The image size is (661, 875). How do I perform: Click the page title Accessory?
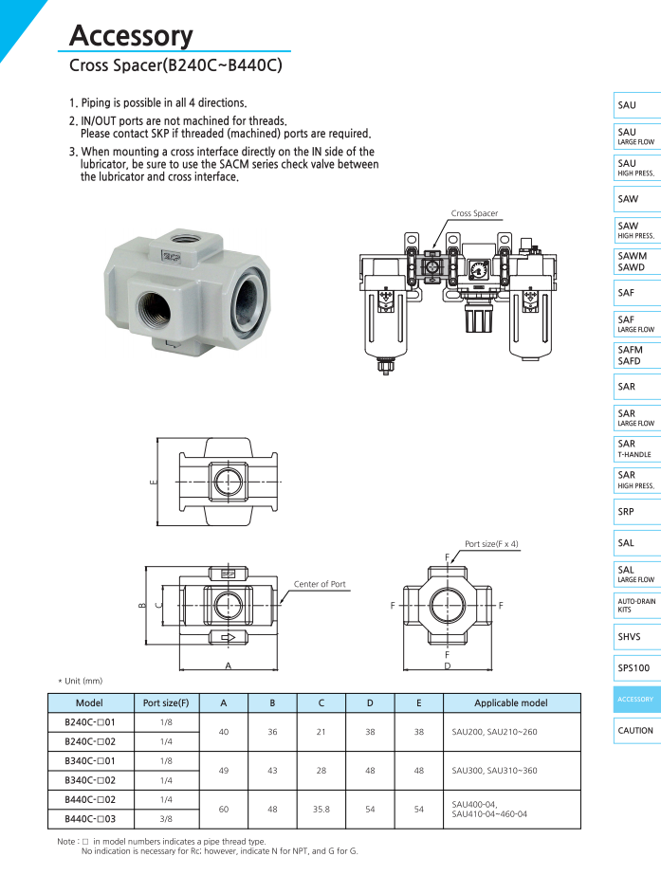tap(131, 36)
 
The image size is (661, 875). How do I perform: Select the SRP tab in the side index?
tap(626, 512)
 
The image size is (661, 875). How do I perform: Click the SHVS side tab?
tap(629, 637)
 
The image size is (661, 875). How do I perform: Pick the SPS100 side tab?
tap(633, 668)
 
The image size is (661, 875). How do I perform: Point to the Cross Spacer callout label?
tap(474, 214)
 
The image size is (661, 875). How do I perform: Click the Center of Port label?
tap(320, 584)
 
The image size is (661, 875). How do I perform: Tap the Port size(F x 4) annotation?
tap(491, 544)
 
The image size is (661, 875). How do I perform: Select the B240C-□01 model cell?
tap(89, 723)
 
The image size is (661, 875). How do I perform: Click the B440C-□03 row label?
tap(89, 818)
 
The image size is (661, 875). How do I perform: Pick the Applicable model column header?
tap(511, 703)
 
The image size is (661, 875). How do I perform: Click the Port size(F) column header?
tap(165, 703)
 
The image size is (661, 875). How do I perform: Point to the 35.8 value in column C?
tap(321, 809)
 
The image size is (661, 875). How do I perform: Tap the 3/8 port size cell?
tap(165, 818)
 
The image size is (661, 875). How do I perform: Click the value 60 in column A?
tap(224, 809)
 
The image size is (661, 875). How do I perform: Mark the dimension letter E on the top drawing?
tap(152, 483)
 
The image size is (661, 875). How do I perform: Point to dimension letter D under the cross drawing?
tap(447, 666)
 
